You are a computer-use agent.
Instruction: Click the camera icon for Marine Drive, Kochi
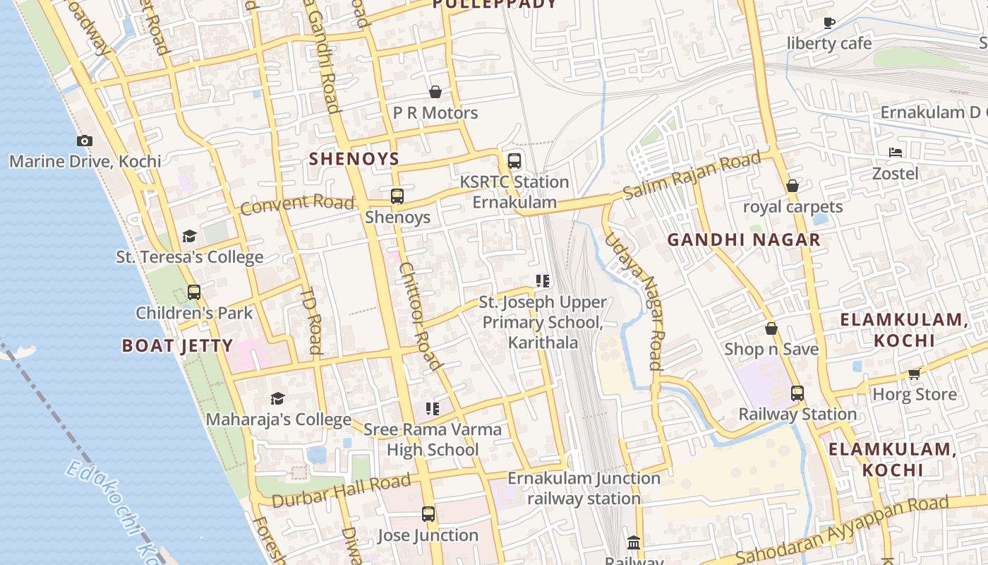85,141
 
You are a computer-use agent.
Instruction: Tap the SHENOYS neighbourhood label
354,159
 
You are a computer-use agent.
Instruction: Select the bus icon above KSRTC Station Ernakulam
514,161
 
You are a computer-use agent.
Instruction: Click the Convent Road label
297,204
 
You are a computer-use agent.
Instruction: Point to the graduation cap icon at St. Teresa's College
189,236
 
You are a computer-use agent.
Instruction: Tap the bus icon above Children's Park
194,292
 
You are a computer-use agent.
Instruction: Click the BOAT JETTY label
177,345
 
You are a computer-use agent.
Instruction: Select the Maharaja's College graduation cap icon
277,399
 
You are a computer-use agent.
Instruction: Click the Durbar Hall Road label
341,490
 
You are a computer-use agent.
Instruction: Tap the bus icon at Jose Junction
428,514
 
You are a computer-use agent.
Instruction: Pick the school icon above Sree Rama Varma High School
433,408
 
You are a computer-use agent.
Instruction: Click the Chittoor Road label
420,316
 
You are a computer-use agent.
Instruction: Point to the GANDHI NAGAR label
744,239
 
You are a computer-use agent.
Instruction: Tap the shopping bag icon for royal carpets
793,186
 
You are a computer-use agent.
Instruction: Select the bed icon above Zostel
896,152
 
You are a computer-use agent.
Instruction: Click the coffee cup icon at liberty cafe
829,23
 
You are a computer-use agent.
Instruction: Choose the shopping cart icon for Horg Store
915,373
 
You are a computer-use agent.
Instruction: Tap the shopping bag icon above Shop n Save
771,328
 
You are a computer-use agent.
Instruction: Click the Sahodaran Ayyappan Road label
842,530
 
